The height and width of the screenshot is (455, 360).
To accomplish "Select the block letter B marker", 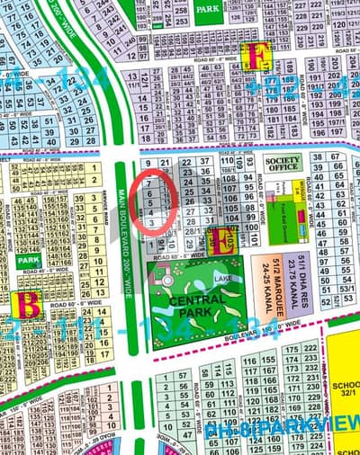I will tap(30, 304).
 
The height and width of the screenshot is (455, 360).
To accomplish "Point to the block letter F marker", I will tap(259, 57).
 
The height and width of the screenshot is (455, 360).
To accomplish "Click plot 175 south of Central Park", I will tap(292, 349).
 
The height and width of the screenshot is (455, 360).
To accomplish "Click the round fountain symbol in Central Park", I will tap(167, 281).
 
